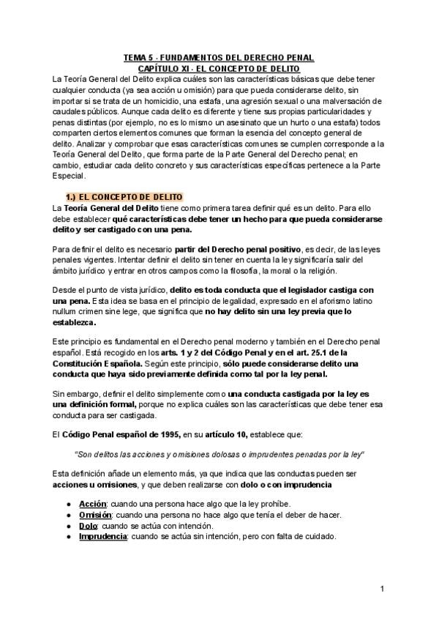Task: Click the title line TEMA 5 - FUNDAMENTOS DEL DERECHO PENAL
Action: [219, 56]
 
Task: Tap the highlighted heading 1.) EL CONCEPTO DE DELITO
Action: [124, 198]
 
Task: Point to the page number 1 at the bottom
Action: [382, 589]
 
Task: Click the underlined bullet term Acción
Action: [93, 504]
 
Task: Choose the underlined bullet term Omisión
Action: [95, 515]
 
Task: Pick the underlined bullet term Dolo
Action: [89, 526]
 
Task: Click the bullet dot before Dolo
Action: [68, 526]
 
